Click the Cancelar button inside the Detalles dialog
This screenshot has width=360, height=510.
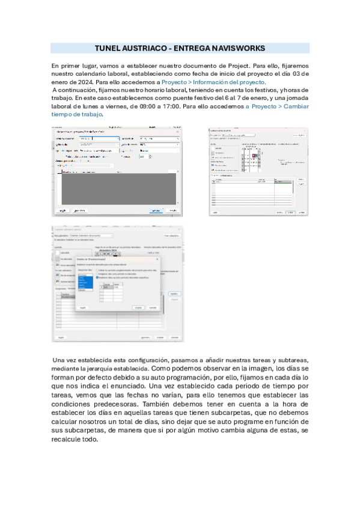click(153, 307)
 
